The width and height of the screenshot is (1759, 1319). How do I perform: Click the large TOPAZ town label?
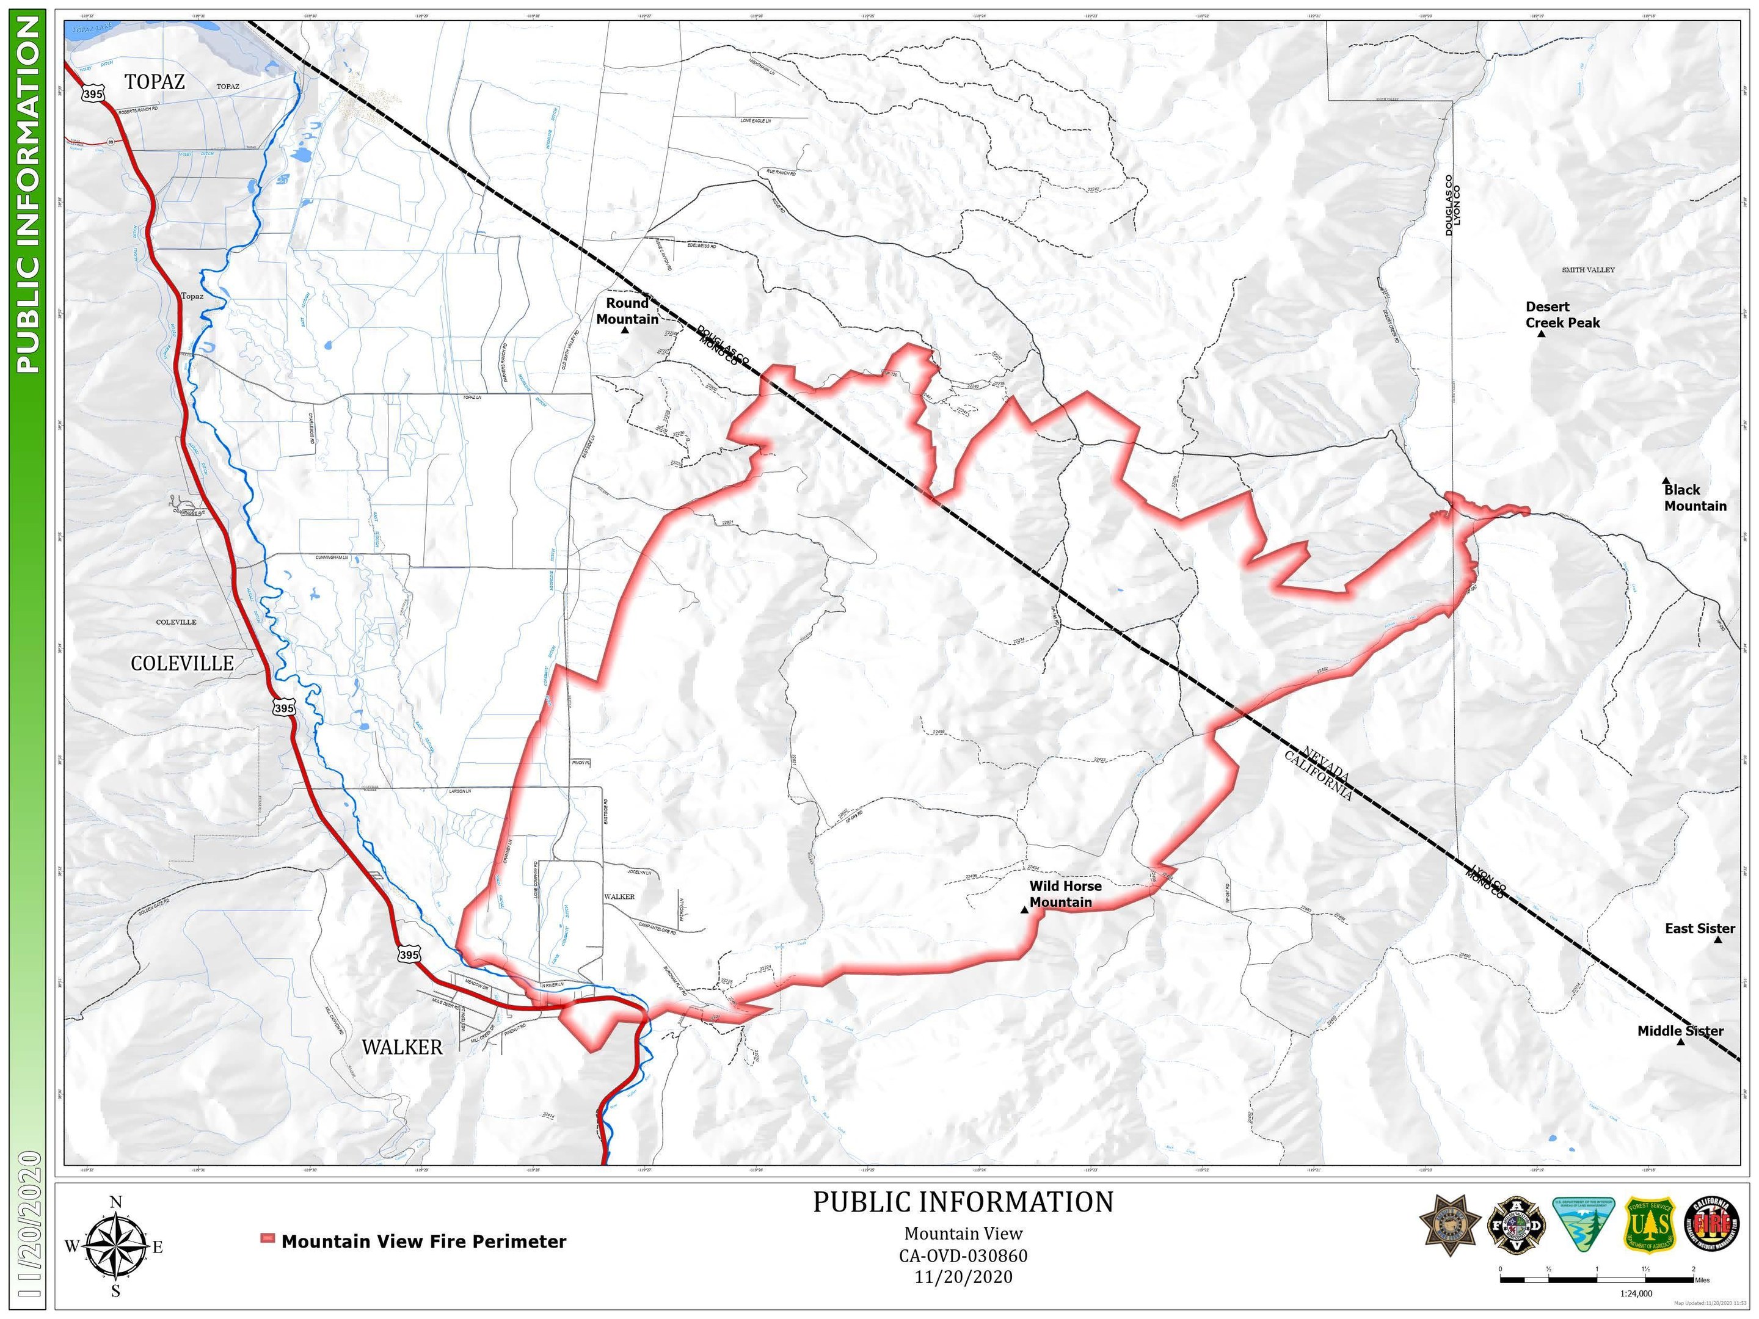(155, 81)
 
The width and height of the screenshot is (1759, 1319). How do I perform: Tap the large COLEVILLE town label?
(182, 663)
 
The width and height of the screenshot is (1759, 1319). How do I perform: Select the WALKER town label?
(402, 1047)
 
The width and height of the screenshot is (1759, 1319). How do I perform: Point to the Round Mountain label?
(627, 311)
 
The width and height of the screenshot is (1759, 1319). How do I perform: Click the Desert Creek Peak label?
(1562, 315)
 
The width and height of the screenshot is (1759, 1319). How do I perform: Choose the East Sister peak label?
(1699, 929)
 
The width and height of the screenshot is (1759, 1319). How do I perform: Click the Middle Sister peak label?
(1680, 1031)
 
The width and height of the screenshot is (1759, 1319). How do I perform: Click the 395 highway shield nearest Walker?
(408, 954)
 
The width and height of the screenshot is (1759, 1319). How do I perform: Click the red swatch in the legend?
(268, 1238)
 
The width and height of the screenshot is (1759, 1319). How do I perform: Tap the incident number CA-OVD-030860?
(963, 1256)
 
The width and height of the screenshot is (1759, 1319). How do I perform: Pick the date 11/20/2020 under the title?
(963, 1277)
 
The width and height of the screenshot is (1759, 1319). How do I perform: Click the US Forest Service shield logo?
(1649, 1225)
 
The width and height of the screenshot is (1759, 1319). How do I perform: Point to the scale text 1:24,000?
(1636, 1293)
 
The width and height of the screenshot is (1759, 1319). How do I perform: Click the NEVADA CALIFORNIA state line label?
(1319, 774)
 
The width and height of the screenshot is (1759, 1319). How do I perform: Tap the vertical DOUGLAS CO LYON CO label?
(1452, 205)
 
